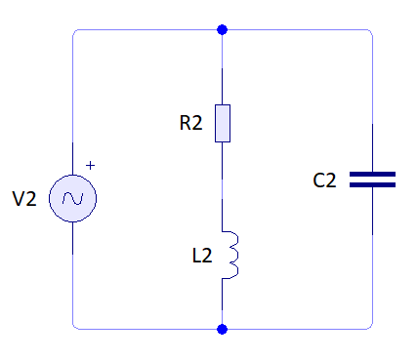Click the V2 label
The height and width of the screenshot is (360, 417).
[x=24, y=199]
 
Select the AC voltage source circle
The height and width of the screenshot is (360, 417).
[x=73, y=199]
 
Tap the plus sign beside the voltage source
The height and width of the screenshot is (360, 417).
[x=91, y=166]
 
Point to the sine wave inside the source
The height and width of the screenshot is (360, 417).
[x=73, y=199]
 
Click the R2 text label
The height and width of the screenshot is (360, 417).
[x=190, y=123]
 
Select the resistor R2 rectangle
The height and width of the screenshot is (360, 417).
[x=223, y=123]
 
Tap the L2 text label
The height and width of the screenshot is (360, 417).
[x=202, y=256]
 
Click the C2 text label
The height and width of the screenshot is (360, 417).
[x=324, y=180]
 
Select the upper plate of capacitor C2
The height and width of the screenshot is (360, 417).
[x=372, y=174]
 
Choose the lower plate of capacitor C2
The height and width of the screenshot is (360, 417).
[x=372, y=183]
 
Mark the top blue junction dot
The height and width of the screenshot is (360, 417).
[x=223, y=30]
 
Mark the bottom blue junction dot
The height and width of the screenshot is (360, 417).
[x=223, y=329]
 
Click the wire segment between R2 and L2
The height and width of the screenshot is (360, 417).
[x=223, y=185]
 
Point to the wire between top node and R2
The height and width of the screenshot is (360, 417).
[x=223, y=68]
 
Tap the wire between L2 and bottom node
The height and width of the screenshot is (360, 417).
[x=223, y=302]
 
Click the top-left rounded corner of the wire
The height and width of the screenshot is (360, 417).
[x=75, y=33]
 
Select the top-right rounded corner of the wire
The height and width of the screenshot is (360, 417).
[x=370, y=33]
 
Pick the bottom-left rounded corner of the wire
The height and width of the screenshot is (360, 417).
[x=75, y=326]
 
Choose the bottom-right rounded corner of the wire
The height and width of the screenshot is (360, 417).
[x=370, y=326]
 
